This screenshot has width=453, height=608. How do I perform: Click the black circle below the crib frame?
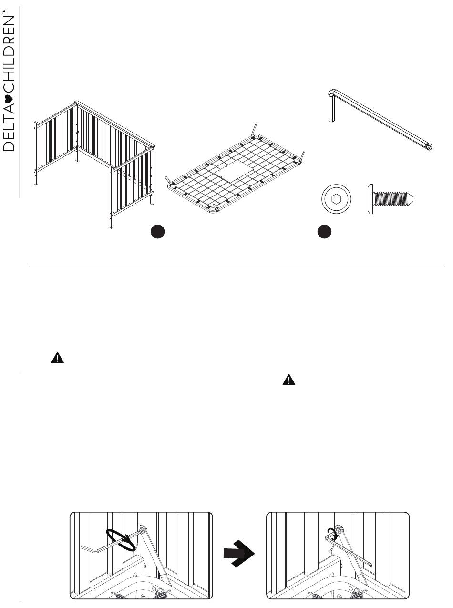[158, 232]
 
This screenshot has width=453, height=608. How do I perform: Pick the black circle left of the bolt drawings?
[324, 232]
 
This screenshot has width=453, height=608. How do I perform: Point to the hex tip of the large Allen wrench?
[428, 147]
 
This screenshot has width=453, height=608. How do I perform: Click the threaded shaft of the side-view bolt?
[393, 198]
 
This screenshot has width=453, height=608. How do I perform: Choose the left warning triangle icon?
[57, 359]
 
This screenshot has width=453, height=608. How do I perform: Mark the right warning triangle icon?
[289, 380]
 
